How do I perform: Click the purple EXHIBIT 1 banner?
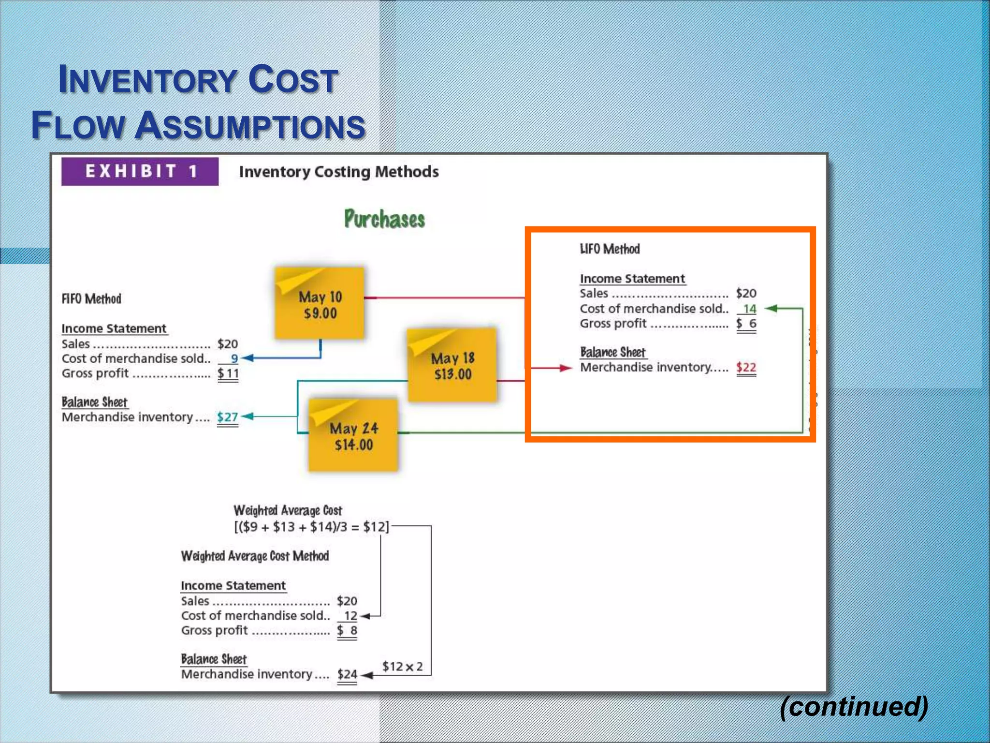coord(140,171)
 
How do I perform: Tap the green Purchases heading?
coord(384,219)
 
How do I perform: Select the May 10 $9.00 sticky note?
coord(320,304)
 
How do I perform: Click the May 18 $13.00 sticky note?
coord(452,365)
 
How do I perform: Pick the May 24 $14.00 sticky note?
coord(353,435)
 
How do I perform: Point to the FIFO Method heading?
coord(91,298)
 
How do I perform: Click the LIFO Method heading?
coord(610,249)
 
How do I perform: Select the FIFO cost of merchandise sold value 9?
coord(234,358)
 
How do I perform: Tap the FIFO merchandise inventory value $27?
coord(227,417)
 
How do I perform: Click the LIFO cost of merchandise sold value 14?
coord(749,309)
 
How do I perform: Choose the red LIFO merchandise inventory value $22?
coord(746,367)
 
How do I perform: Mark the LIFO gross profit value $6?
coord(746,323)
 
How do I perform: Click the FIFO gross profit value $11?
coord(228,373)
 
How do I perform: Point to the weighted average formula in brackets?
coord(311,526)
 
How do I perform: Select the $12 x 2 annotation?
coord(402,666)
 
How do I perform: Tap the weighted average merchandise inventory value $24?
coord(347,674)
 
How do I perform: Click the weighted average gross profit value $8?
coord(347,630)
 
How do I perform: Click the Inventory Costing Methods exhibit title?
coord(339,172)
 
